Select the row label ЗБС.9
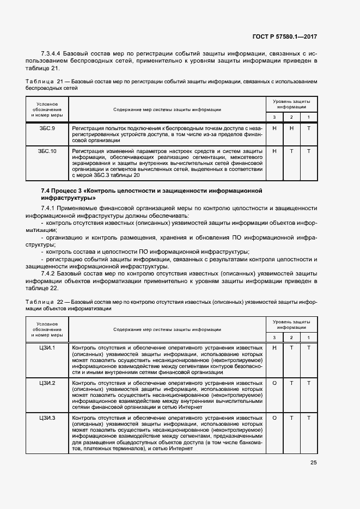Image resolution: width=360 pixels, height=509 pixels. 46,128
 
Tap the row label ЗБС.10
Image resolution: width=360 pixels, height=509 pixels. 46,151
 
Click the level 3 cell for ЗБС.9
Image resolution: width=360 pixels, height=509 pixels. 274,128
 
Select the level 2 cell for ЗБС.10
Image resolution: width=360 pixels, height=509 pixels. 291,151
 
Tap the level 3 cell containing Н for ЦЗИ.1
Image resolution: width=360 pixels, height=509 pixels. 274,347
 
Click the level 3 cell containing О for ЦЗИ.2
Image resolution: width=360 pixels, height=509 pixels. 274,383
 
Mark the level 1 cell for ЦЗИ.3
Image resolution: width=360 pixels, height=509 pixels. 308,418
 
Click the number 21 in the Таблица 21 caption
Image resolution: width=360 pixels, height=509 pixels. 59,81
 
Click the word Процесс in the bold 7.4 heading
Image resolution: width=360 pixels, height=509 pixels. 69,191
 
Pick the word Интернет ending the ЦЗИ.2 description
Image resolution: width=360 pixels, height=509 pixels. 191,407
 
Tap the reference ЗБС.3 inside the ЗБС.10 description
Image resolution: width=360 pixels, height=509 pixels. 123,175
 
